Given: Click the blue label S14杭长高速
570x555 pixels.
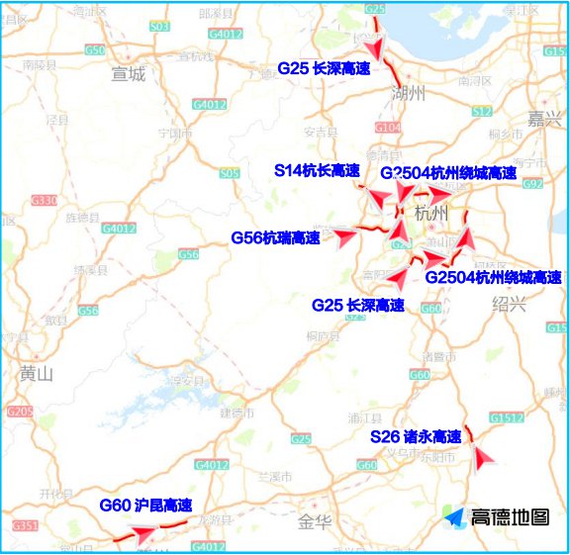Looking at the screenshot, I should tap(317, 170).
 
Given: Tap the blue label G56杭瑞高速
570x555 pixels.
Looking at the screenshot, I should tap(275, 237).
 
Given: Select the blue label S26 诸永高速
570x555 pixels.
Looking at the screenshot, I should tap(416, 436).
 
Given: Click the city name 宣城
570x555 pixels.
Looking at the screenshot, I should tap(129, 73).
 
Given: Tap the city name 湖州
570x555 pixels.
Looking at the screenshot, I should tap(409, 94).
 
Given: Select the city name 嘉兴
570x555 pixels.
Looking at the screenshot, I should tap(543, 119).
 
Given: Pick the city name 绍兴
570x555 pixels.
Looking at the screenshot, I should tap(510, 304).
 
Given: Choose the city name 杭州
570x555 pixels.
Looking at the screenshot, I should tap(432, 213).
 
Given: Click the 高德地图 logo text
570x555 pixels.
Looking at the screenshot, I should tap(509, 517).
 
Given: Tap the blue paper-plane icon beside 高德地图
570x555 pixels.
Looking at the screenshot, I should tap(453, 517).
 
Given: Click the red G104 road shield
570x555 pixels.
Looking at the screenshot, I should tap(389, 128).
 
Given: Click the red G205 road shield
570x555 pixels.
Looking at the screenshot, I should tap(19, 411).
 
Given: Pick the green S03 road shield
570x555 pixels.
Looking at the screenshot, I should tap(159, 27).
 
